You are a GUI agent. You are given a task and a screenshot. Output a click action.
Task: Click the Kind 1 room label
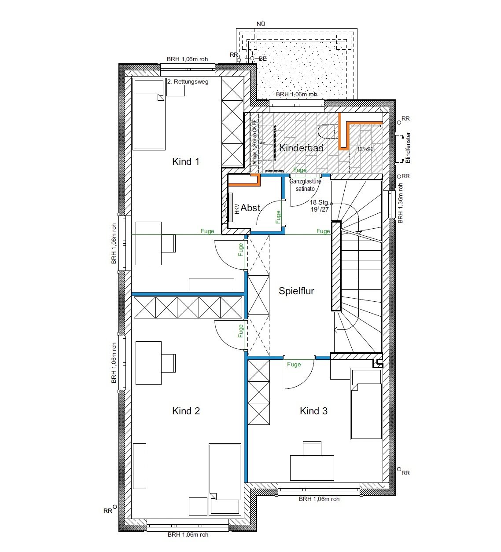tap(185, 162)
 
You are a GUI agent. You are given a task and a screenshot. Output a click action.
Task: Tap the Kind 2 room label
tap(186, 411)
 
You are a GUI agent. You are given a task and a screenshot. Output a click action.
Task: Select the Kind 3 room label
tap(313, 411)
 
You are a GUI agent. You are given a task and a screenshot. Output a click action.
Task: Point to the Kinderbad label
tap(301, 148)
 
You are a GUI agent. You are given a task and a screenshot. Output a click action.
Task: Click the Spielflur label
tap(296, 291)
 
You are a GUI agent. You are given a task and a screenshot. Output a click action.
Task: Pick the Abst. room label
tap(251, 208)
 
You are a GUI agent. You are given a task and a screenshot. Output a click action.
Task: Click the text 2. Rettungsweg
tap(188, 81)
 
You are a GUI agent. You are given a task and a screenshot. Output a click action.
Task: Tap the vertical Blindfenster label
tap(408, 148)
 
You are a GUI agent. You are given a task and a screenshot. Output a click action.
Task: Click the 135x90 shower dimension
tap(365, 150)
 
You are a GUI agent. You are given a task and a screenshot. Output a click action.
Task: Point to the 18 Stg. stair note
tap(319, 202)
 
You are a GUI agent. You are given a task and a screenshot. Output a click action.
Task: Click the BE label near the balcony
tap(263, 58)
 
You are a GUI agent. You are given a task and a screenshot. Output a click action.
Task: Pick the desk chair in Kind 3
tap(312, 449)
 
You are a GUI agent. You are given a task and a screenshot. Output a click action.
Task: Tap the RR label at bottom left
tap(107, 511)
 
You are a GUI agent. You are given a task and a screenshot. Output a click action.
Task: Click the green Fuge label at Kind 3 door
tap(294, 364)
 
